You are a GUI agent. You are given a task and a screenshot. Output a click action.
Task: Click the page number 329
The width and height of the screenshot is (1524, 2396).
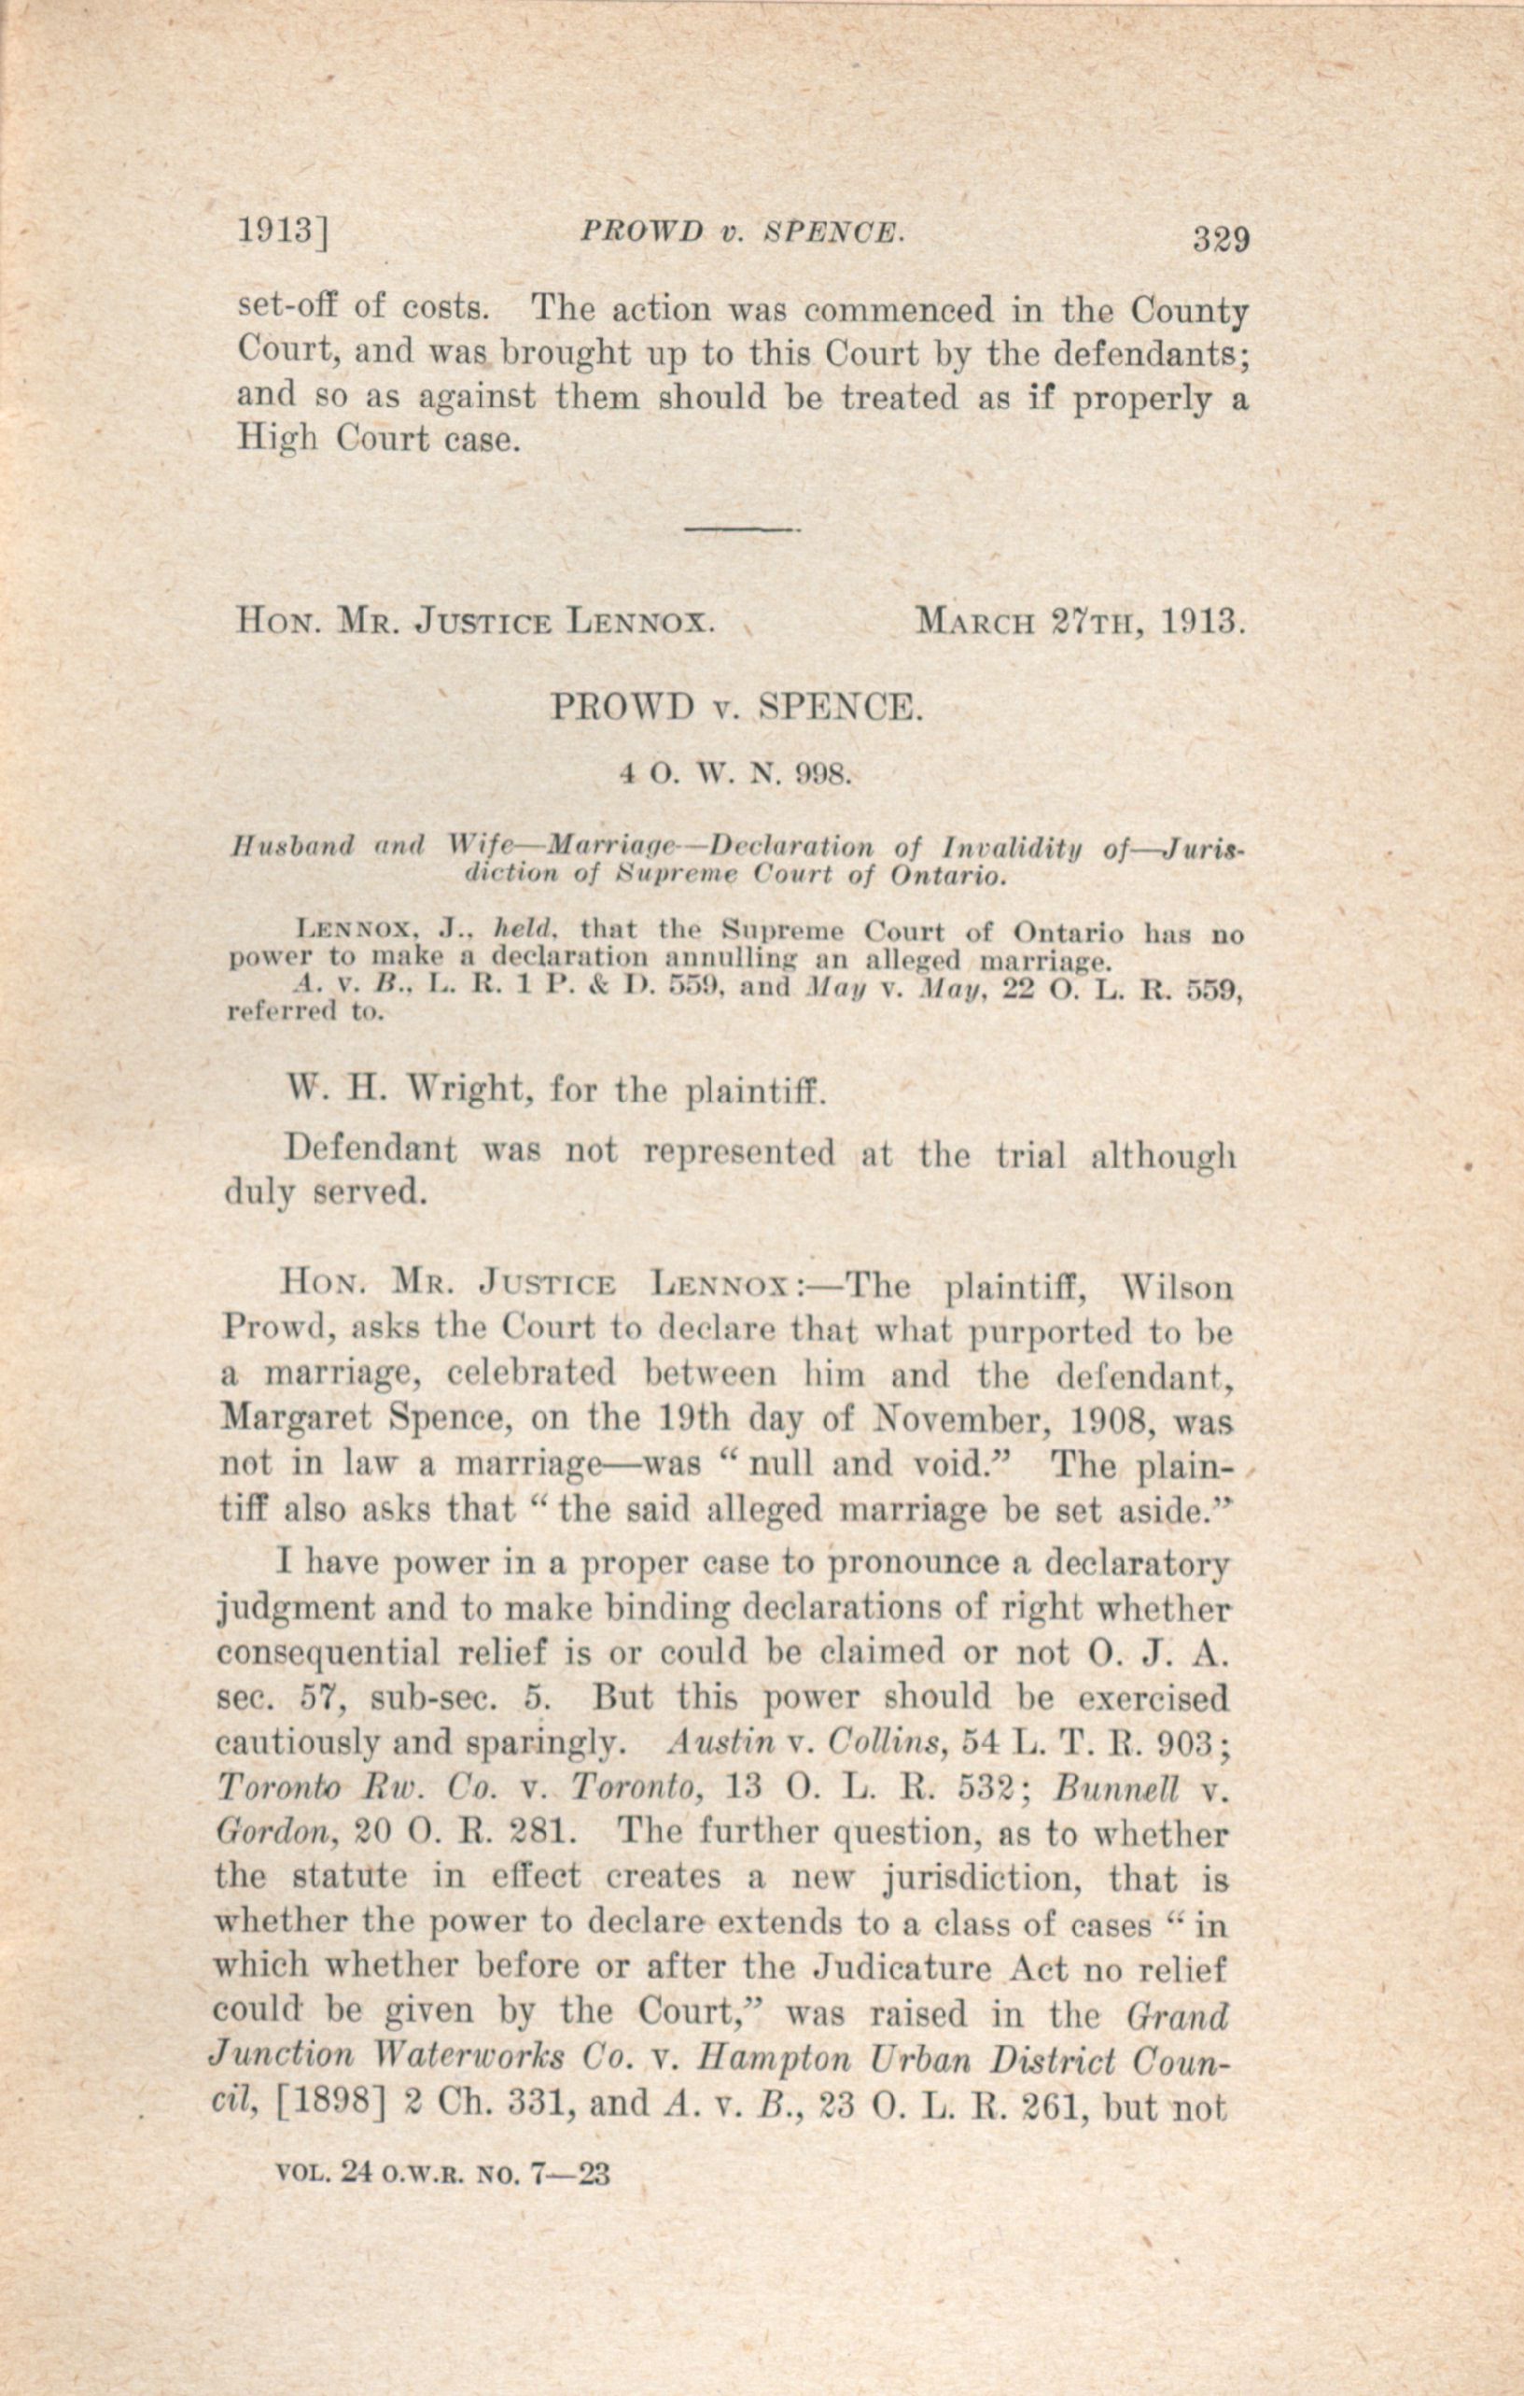pos(1221,241)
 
